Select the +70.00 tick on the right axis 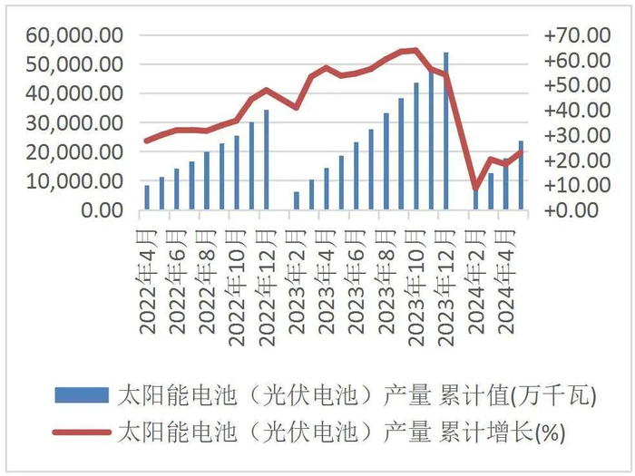[576, 35]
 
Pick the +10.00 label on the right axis [576, 185]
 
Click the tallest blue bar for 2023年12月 [445, 131]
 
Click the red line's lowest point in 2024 [475, 189]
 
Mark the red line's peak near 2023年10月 [415, 50]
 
